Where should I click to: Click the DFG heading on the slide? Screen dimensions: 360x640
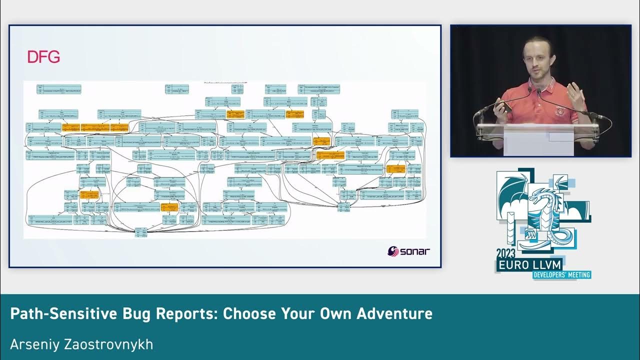tap(43, 57)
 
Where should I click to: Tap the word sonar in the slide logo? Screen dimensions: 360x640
tap(415, 251)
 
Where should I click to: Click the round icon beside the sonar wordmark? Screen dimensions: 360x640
tap(393, 251)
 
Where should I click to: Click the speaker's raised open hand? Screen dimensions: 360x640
tap(576, 95)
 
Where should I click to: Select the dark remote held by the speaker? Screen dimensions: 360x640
tap(505, 106)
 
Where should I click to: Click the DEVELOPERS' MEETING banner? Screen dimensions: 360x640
tap(561, 274)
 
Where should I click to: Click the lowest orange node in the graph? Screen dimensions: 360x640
tap(169, 206)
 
